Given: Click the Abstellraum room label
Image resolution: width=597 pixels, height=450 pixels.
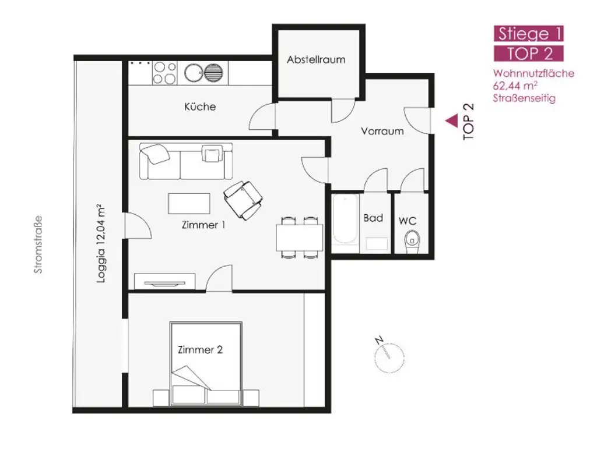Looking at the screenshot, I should point(316,59).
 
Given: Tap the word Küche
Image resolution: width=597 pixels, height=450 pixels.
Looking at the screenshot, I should point(200,107).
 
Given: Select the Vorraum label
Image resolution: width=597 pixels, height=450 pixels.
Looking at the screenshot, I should point(382,131).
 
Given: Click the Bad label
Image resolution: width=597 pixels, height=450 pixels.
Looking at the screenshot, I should point(373,218).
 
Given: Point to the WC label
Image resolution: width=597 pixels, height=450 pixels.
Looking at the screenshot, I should point(408,221).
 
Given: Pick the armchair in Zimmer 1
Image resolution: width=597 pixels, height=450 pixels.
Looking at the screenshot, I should point(243,198).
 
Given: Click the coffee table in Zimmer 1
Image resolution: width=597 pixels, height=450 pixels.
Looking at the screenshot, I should point(190,204).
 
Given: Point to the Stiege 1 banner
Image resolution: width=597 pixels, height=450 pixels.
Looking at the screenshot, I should point(529,33).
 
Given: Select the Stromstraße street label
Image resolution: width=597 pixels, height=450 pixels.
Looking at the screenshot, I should point(38,245).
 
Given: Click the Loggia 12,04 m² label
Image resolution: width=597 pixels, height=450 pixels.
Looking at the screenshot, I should point(100,243).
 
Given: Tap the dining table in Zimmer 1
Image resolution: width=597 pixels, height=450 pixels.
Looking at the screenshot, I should point(299,237).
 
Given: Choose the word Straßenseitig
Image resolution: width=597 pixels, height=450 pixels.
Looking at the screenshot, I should point(524,98).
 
